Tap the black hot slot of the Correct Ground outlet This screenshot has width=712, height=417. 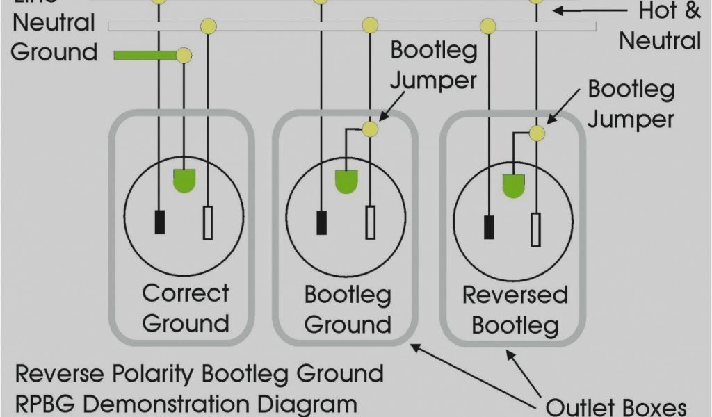coord(160,221)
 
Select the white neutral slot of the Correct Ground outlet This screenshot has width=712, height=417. coord(208,223)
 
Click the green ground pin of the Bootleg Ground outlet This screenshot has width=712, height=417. coord(346,181)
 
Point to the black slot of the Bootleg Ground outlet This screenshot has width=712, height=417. coord(321,222)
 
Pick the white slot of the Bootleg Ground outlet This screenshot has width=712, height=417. coord(371,223)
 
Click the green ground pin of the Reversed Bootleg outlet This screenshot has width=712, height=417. coord(513,186)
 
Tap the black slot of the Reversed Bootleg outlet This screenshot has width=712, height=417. coord(489,227)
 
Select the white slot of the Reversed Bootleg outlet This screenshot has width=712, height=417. coord(535,230)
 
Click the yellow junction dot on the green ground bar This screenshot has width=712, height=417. coord(184,55)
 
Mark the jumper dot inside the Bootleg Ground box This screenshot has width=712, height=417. coord(370,129)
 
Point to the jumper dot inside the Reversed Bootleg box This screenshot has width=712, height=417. coord(536,133)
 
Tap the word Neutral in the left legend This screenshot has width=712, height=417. coord(54,23)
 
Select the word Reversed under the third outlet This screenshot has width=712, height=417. coord(515,295)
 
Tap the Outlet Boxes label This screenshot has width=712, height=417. coord(615,407)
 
